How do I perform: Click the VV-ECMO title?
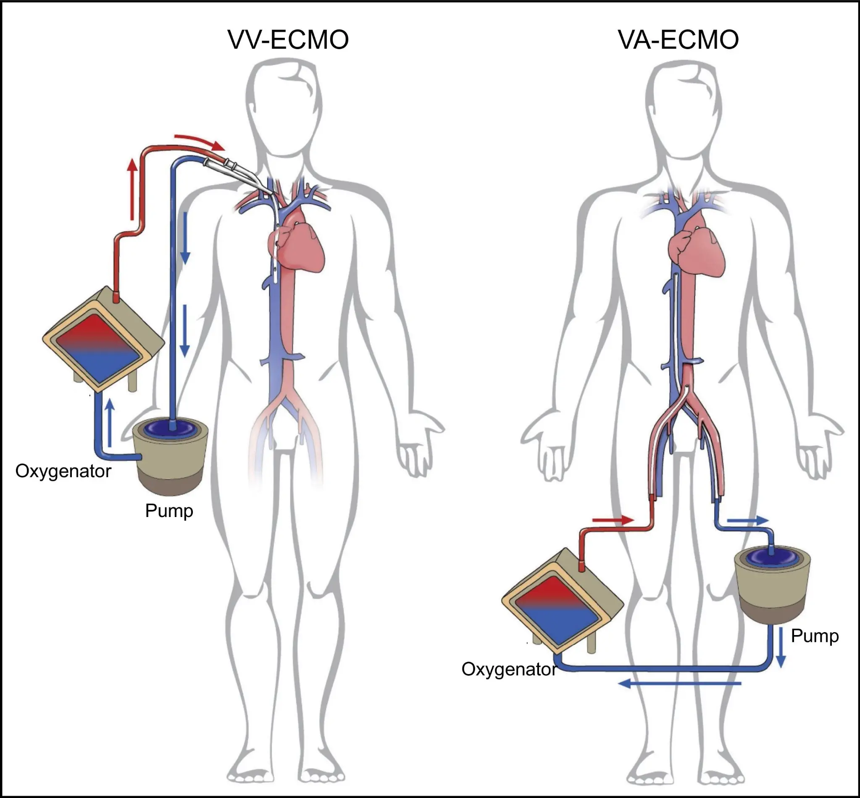(288, 40)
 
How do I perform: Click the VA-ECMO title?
(678, 40)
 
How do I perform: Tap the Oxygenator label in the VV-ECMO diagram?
(63, 471)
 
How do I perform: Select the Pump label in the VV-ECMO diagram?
(169, 510)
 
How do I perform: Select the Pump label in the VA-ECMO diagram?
(815, 635)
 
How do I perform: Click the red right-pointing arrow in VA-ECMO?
(613, 520)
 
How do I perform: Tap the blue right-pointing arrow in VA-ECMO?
(748, 520)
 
